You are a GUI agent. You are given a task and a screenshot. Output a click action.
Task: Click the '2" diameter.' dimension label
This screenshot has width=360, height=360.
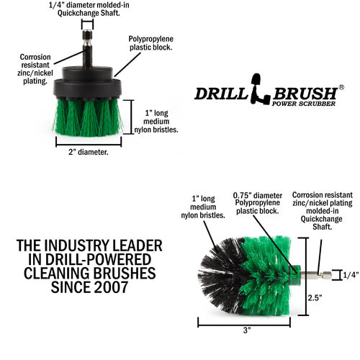88,153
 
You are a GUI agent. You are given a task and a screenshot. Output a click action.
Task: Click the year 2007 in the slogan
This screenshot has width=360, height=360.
107,287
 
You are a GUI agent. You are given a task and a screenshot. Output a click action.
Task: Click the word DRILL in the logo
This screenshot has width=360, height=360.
221,94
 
